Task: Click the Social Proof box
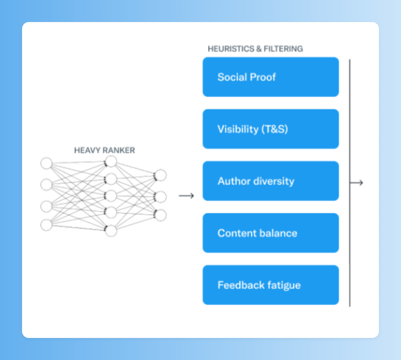271,77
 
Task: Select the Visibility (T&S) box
271,129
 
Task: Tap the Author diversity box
271,181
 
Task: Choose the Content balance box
271,233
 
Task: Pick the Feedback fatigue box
271,285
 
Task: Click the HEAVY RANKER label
104,150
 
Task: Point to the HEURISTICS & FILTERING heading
255,49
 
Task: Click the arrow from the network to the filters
186,196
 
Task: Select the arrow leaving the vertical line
357,183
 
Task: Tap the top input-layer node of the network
46,163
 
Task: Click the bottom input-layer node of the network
46,225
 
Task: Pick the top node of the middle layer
111,162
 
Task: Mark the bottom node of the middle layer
111,231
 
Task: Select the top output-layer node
161,175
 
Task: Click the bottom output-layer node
161,215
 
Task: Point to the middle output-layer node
161,197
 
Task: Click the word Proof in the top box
263,77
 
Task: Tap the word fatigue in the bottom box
284,286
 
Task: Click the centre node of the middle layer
111,196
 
